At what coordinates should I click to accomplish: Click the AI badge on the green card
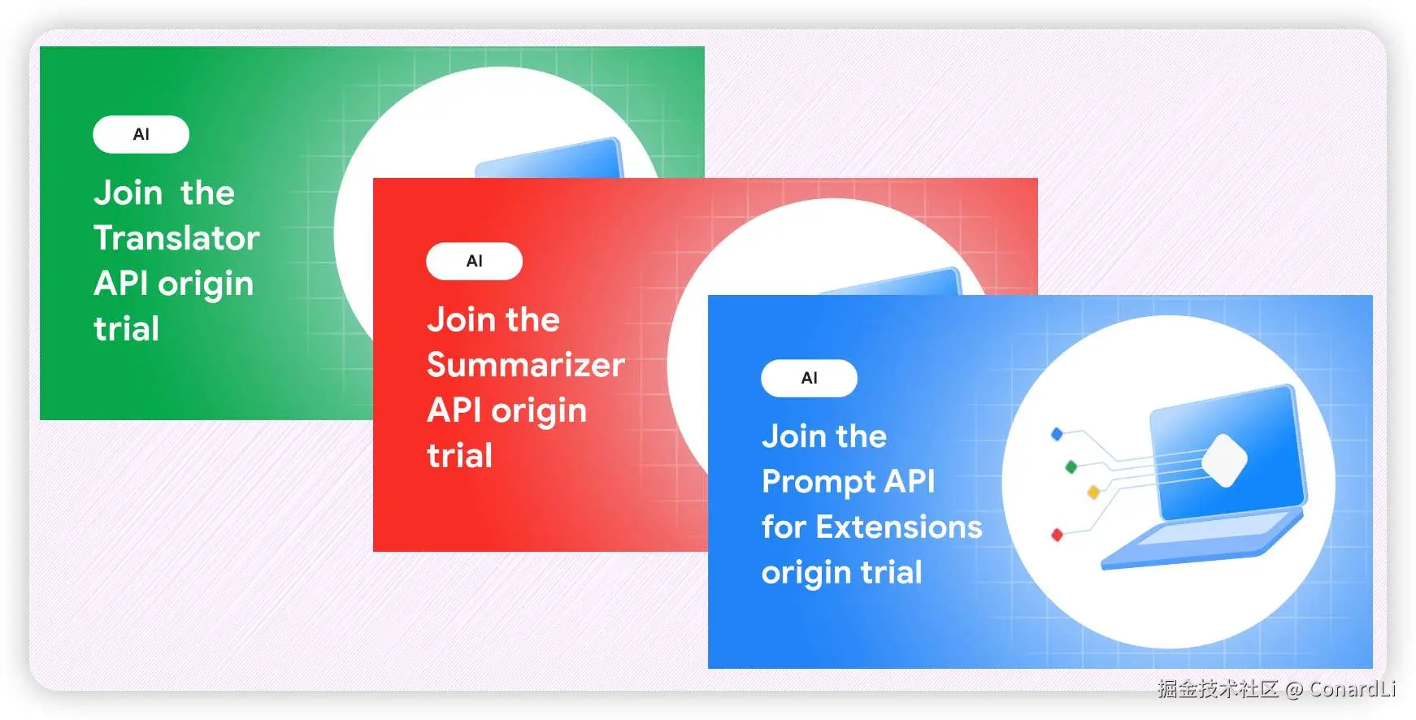[x=141, y=134]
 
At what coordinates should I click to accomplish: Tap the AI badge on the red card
[x=475, y=261]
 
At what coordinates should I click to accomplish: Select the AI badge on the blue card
[x=810, y=378]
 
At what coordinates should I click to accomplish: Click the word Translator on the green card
[x=176, y=238]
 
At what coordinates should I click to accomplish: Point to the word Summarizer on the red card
[x=526, y=365]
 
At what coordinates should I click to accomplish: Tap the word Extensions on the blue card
[x=899, y=527]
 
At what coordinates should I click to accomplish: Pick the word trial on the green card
[x=127, y=329]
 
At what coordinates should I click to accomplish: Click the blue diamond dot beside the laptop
[x=1057, y=434]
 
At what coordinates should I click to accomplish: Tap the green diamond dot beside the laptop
[x=1071, y=466]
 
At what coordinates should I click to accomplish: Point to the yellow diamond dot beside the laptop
[x=1093, y=492]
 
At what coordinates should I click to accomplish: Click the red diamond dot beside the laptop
[x=1058, y=535]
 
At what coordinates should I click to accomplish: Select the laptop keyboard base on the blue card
[x=1203, y=536]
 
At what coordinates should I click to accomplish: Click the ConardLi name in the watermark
[x=1353, y=689]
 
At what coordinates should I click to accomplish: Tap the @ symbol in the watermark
[x=1294, y=690]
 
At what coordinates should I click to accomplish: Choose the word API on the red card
[x=455, y=410]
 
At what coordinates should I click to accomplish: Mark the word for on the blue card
[x=784, y=527]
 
